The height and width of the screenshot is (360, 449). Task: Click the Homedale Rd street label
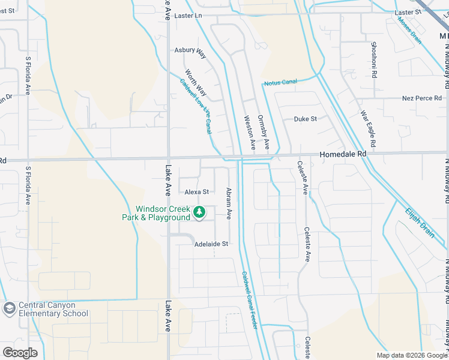tap(343, 154)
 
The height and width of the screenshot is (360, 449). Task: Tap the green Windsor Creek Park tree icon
tap(200, 212)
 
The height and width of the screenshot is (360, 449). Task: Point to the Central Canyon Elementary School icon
tap(9, 308)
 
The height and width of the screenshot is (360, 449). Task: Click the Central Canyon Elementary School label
tap(53, 309)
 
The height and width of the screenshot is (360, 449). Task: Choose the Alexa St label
tap(196, 192)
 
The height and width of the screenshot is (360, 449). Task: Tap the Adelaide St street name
tap(211, 244)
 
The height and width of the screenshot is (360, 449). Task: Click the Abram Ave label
tap(229, 203)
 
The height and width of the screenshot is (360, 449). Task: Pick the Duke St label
tap(305, 119)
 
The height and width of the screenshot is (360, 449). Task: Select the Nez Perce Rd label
tap(421, 98)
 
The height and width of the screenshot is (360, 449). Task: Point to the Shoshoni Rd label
tap(373, 61)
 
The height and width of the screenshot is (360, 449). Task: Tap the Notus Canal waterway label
tap(280, 81)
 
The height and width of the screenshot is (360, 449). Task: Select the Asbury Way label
tap(190, 52)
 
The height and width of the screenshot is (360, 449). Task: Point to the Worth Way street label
tap(196, 83)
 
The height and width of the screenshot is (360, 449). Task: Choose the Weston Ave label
tap(249, 133)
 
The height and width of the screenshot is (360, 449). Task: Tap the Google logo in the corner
tap(20, 353)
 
